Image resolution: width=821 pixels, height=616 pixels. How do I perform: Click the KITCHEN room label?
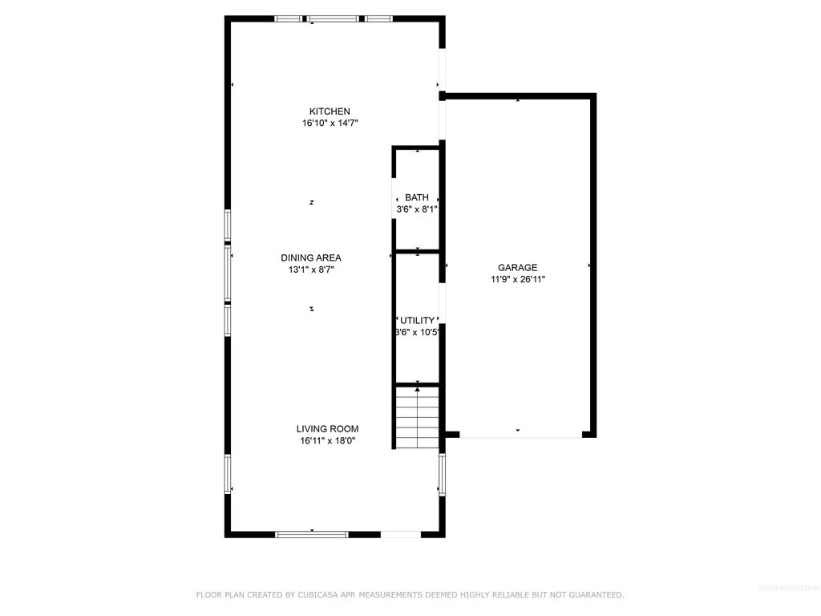point(330,111)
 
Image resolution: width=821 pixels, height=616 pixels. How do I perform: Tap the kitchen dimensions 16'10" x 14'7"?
point(330,124)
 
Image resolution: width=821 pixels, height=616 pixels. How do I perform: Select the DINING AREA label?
point(311,257)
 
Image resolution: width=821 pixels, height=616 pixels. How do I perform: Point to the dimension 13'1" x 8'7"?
point(311,270)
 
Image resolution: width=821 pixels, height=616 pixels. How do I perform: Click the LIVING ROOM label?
point(327,429)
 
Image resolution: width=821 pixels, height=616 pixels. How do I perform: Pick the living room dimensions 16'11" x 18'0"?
point(327,441)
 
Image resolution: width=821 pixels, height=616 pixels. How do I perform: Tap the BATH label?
point(416,197)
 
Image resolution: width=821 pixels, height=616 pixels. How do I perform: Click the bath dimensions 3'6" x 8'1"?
point(416,209)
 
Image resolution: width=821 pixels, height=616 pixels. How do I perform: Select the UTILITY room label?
point(417,320)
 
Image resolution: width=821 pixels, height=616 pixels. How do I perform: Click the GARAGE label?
point(517,268)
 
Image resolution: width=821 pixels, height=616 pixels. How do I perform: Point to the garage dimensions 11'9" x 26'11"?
point(517,280)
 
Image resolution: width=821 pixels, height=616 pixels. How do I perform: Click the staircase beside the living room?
point(418,417)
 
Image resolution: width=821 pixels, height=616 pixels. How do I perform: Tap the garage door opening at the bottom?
point(520,436)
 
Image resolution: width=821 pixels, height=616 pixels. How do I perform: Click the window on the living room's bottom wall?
point(312,533)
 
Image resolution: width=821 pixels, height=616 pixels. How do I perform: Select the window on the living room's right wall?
point(442,475)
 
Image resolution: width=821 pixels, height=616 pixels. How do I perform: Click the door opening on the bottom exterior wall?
point(400,533)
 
